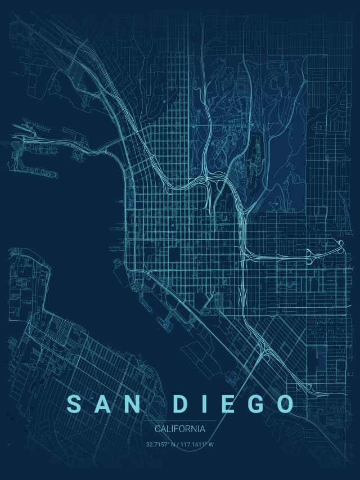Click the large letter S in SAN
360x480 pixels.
[x=74, y=403]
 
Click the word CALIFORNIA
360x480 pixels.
[x=179, y=429]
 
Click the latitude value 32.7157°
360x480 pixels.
[x=158, y=445]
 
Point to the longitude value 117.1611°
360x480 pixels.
[x=195, y=445]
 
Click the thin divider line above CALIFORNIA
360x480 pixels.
[x=179, y=420]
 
